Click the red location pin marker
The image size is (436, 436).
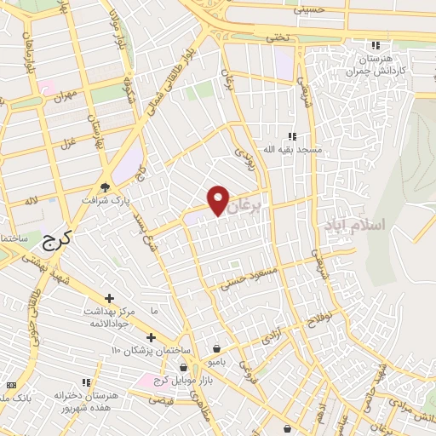[x=219, y=199]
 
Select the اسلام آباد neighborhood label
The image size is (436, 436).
[x=354, y=225]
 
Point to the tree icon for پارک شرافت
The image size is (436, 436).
[x=105, y=187]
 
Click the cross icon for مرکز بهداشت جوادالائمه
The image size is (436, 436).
[x=109, y=297]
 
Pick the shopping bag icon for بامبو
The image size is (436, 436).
[x=217, y=348]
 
